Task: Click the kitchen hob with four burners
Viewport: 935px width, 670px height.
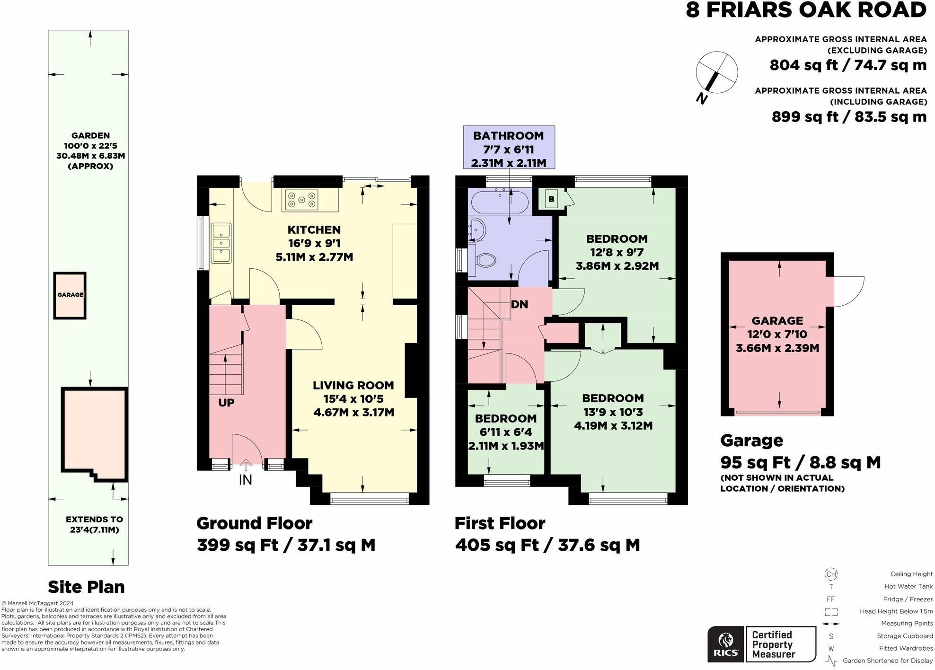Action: click(300, 200)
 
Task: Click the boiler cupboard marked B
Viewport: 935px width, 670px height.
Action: click(551, 199)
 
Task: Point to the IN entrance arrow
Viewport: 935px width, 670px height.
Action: click(245, 473)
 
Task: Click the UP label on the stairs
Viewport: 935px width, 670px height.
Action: click(226, 403)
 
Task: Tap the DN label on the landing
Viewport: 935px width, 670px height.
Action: click(519, 304)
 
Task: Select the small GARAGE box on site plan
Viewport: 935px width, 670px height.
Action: click(70, 295)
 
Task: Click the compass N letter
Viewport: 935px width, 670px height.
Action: click(702, 99)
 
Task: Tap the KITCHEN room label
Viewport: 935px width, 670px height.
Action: click(314, 230)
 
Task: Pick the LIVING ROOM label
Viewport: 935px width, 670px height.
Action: click(353, 385)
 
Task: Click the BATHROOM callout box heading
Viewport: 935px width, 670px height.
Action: click(508, 136)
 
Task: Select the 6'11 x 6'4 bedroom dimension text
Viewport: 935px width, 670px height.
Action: click(505, 432)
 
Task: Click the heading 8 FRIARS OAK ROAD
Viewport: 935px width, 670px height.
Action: click(805, 10)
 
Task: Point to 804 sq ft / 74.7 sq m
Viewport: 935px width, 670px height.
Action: click(847, 65)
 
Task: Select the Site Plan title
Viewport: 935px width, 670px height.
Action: click(86, 587)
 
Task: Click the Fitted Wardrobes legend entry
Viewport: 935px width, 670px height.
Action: click(906, 648)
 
